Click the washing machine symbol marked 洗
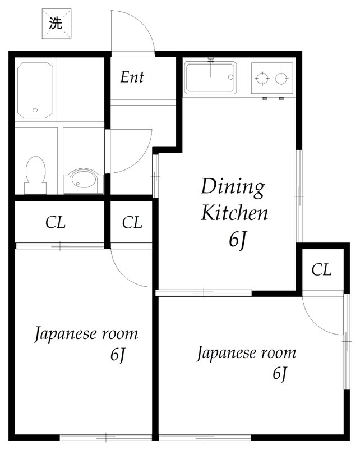click(55, 23)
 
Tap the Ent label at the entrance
click(132, 77)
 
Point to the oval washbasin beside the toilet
click(84, 181)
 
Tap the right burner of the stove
click(281, 79)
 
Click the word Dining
click(232, 187)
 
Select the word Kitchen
click(234, 213)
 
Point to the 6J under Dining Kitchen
click(237, 240)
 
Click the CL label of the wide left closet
click(55, 223)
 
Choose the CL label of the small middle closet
click(132, 223)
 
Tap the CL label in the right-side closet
click(321, 270)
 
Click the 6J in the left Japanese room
click(118, 355)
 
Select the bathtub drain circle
click(35, 111)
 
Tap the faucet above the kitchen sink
click(211, 59)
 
